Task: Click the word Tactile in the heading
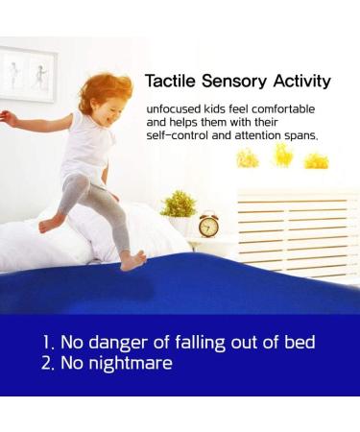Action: click(169, 82)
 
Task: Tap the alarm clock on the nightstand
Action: click(208, 225)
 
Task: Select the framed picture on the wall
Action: click(26, 74)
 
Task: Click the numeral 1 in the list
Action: click(45, 342)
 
